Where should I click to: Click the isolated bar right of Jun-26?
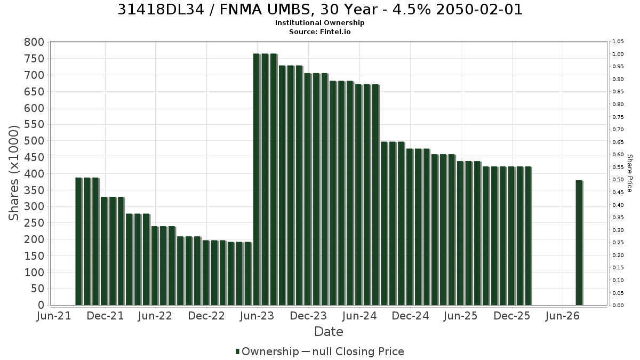coord(579,243)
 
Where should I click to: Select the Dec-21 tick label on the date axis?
coord(105,316)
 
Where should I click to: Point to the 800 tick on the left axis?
coord(34,42)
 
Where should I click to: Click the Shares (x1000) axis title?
coord(13,173)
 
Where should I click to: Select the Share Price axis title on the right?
coord(629,173)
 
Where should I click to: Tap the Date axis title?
coord(329,332)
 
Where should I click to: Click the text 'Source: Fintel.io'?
coord(319,31)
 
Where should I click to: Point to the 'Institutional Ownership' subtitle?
coord(319,22)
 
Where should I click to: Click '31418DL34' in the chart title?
coord(161,10)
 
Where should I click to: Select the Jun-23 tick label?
coord(257,316)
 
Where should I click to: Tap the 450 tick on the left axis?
coord(34,157)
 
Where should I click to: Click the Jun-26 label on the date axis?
coord(562,316)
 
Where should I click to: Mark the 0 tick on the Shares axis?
coord(42,305)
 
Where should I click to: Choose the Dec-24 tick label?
coord(410,316)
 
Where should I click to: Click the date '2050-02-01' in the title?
coord(479,10)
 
